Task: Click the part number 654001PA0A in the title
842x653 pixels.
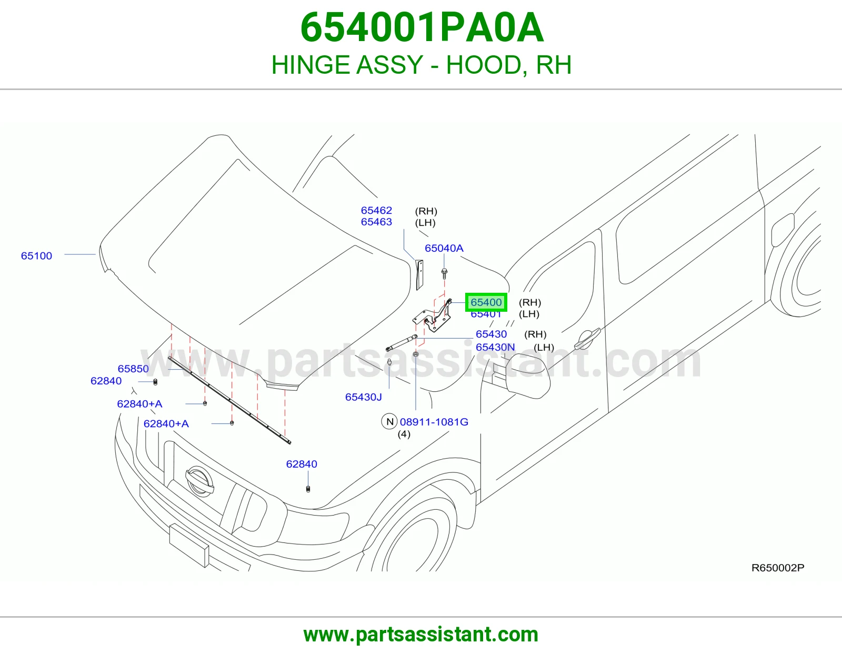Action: (422, 28)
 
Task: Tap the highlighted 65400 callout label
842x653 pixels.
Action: (486, 302)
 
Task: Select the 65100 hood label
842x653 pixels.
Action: (36, 256)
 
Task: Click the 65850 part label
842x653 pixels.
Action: (133, 369)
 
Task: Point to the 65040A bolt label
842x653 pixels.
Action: (444, 248)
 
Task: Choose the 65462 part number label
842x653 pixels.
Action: (377, 211)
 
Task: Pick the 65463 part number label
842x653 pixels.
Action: (377, 222)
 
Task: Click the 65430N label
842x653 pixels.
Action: (495, 347)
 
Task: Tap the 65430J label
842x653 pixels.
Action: (364, 397)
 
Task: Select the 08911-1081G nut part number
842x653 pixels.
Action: (434, 422)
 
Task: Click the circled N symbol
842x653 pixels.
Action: (389, 421)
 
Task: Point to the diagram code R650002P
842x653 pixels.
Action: (778, 568)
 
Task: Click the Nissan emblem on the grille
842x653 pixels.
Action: (199, 481)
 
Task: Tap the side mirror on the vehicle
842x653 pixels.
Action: (527, 378)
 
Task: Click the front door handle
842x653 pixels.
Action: (587, 338)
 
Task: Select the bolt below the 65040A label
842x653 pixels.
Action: (445, 274)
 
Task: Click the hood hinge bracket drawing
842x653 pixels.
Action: (433, 316)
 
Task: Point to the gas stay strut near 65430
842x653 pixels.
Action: (402, 343)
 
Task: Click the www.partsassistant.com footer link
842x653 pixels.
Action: (421, 635)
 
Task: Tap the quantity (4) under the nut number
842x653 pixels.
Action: (404, 434)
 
